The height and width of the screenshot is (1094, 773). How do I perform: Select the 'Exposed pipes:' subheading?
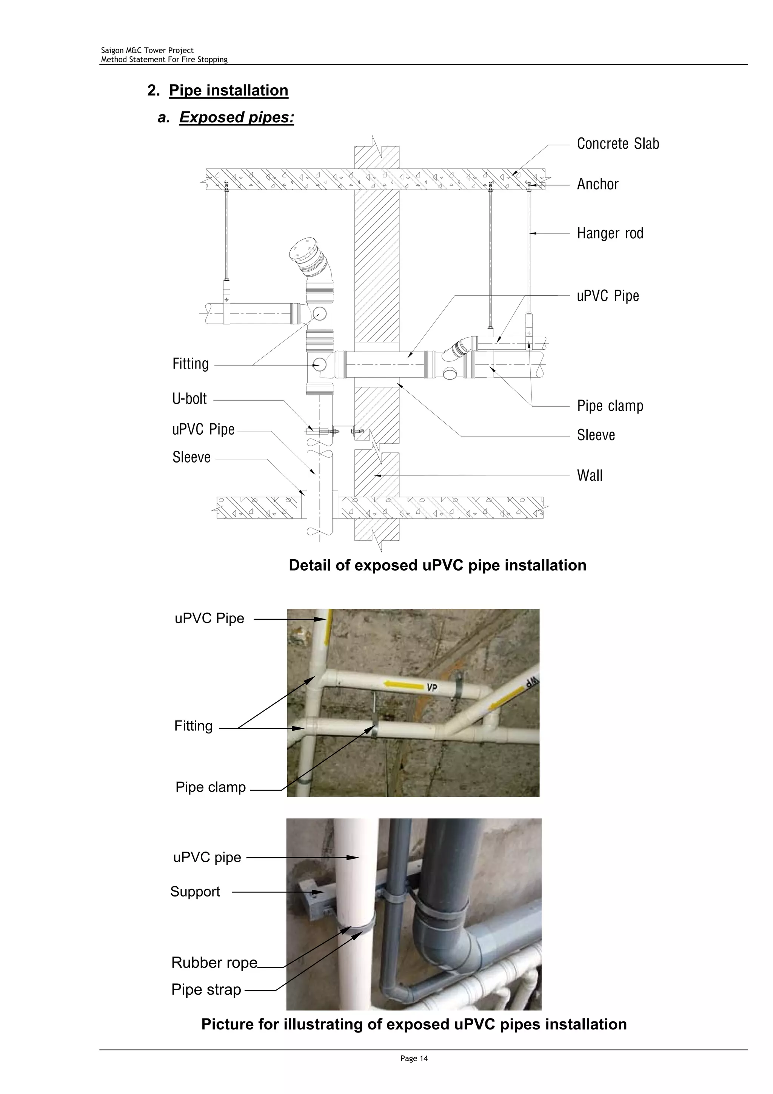point(236,117)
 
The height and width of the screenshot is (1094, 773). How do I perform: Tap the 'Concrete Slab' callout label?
point(618,144)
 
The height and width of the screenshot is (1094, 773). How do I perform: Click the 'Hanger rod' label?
point(610,233)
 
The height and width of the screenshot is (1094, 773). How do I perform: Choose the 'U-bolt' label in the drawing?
point(189,399)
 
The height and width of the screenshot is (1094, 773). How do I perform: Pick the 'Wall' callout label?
point(590,475)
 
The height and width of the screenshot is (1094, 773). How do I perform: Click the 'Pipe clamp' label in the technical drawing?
point(610,406)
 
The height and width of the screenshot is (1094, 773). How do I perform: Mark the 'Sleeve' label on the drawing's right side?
point(596,435)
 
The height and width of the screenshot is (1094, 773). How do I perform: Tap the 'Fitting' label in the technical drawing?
point(191,364)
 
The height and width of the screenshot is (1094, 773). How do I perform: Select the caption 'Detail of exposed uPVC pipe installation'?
point(437,565)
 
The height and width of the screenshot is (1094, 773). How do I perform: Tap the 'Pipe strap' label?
point(206,989)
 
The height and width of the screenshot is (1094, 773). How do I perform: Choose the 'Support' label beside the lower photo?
point(195,892)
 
